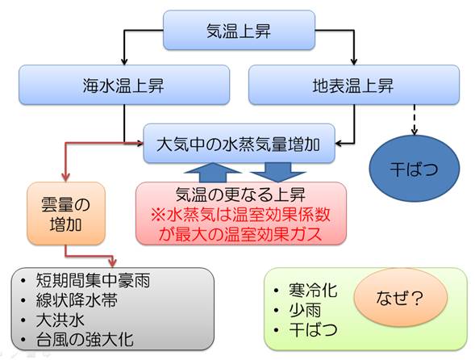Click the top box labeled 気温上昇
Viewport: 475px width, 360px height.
pos(239,30)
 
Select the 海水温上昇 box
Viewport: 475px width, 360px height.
pos(124,85)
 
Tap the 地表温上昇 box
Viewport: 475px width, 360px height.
pos(354,85)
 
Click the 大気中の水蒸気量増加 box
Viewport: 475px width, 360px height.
pos(239,144)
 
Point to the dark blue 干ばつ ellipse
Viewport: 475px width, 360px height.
pos(414,169)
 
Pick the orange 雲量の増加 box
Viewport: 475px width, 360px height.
pos(66,214)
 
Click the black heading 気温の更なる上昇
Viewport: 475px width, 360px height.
pos(240,195)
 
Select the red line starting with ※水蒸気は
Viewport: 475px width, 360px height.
pos(240,215)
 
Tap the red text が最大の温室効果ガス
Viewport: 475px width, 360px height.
pos(240,234)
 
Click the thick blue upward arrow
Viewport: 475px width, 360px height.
pos(213,173)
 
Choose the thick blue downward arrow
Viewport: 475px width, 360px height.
pos(278,173)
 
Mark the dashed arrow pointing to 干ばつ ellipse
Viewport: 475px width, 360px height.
pos(415,119)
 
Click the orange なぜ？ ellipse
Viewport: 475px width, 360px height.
pos(401,298)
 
